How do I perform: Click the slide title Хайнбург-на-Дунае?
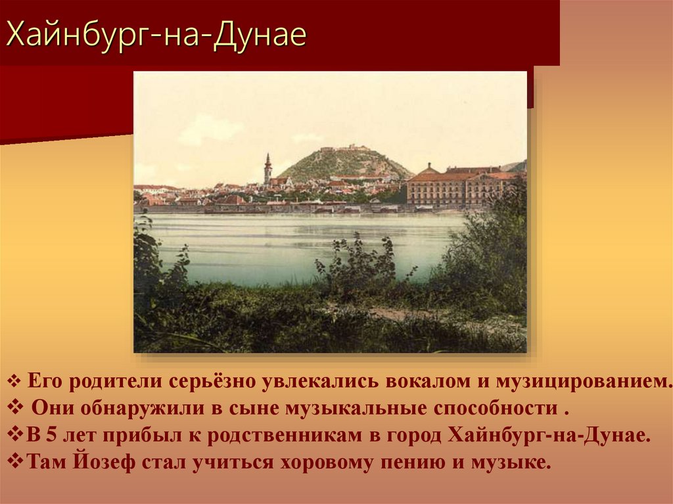[x=156, y=35]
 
